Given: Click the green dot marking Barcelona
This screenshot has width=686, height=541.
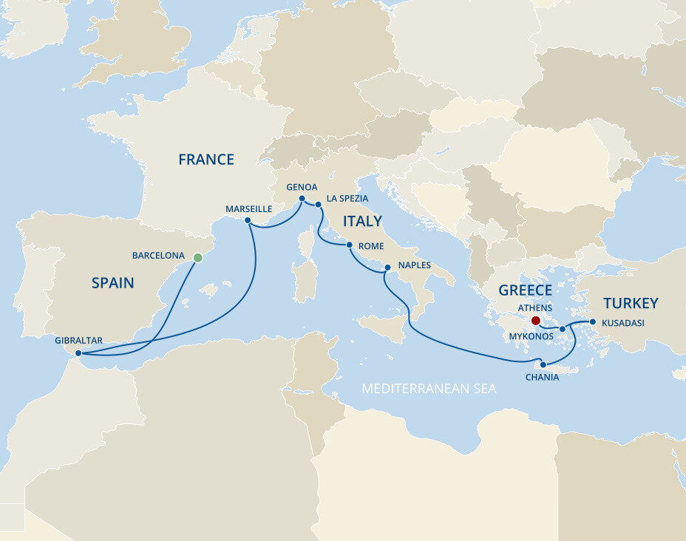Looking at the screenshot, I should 197,258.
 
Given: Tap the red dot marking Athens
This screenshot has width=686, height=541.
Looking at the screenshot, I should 535,321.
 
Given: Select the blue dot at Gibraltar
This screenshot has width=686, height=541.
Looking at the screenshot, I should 78,353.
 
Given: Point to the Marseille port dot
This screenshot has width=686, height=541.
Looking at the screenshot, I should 248,220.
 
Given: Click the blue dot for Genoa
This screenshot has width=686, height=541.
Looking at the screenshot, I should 302,199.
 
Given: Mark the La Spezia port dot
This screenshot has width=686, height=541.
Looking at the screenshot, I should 318,205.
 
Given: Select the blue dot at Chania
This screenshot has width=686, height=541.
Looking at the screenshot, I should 543,364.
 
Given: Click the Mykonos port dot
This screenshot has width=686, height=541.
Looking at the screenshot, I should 563,329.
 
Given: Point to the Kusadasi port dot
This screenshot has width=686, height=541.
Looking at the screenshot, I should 592,321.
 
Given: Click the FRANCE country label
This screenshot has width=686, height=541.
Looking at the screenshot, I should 206,160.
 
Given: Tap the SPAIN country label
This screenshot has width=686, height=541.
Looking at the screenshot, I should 113,282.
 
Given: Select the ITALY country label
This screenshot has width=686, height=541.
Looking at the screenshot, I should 361,221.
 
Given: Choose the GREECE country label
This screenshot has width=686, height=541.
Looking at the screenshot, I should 525,290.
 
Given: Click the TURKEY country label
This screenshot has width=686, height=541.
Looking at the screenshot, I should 630,303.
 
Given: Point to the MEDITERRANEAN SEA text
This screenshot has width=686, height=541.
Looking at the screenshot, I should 429,388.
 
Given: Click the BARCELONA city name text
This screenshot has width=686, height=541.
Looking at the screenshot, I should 158,256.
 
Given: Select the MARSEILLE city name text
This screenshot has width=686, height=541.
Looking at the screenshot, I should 248,209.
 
